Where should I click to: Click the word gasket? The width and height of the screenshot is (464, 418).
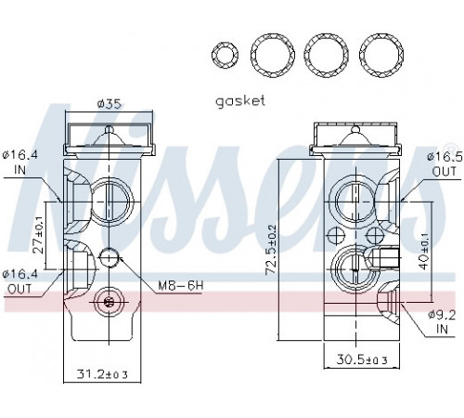(240, 101)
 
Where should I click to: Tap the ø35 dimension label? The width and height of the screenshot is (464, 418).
(109, 104)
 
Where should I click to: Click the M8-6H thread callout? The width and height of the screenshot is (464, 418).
(181, 285)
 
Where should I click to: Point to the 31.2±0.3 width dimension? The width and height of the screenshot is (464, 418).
(102, 374)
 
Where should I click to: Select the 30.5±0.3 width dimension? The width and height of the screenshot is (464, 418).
(362, 359)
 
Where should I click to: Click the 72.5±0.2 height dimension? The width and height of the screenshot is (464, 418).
(272, 249)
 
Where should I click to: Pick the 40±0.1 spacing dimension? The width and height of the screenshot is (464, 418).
(425, 252)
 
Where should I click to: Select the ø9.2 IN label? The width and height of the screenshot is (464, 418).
(442, 321)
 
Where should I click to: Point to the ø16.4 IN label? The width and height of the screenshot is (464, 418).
(19, 162)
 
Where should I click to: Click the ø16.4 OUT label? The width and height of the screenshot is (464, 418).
(19, 281)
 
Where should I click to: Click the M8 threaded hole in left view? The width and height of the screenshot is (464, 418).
(109, 257)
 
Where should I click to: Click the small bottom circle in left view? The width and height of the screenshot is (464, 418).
(109, 302)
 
